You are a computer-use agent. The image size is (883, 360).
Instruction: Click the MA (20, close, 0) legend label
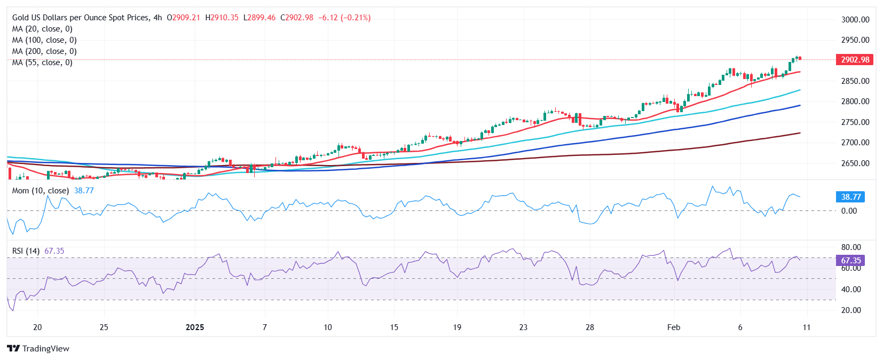tap(42, 29)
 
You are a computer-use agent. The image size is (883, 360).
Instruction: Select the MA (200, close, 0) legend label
tap(44, 51)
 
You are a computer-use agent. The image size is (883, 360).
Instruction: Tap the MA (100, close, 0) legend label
tap(44, 40)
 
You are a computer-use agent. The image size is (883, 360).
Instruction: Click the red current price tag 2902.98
tap(855, 60)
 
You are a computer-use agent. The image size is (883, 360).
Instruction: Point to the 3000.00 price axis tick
tap(855, 20)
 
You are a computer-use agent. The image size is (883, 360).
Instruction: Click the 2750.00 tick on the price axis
tap(855, 122)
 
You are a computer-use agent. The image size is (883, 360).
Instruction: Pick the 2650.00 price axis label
tap(855, 163)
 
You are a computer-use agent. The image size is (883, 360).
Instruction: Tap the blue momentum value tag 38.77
tap(851, 197)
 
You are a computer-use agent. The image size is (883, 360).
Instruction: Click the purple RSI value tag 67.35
tap(851, 261)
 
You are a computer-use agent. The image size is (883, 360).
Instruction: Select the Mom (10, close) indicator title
tap(41, 191)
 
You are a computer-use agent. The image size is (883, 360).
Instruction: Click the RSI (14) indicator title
tap(26, 251)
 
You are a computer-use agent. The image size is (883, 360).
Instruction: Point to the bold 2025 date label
tap(195, 327)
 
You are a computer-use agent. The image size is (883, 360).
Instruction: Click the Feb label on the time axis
tap(674, 327)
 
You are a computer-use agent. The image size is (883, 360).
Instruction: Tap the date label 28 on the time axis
tap(589, 327)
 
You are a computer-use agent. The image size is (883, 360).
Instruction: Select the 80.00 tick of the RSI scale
tap(851, 247)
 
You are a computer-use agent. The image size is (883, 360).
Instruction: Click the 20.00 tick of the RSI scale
tap(851, 310)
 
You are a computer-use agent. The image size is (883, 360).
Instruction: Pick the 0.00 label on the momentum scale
tap(849, 211)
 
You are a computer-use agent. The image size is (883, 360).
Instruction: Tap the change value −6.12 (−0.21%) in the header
tap(344, 18)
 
